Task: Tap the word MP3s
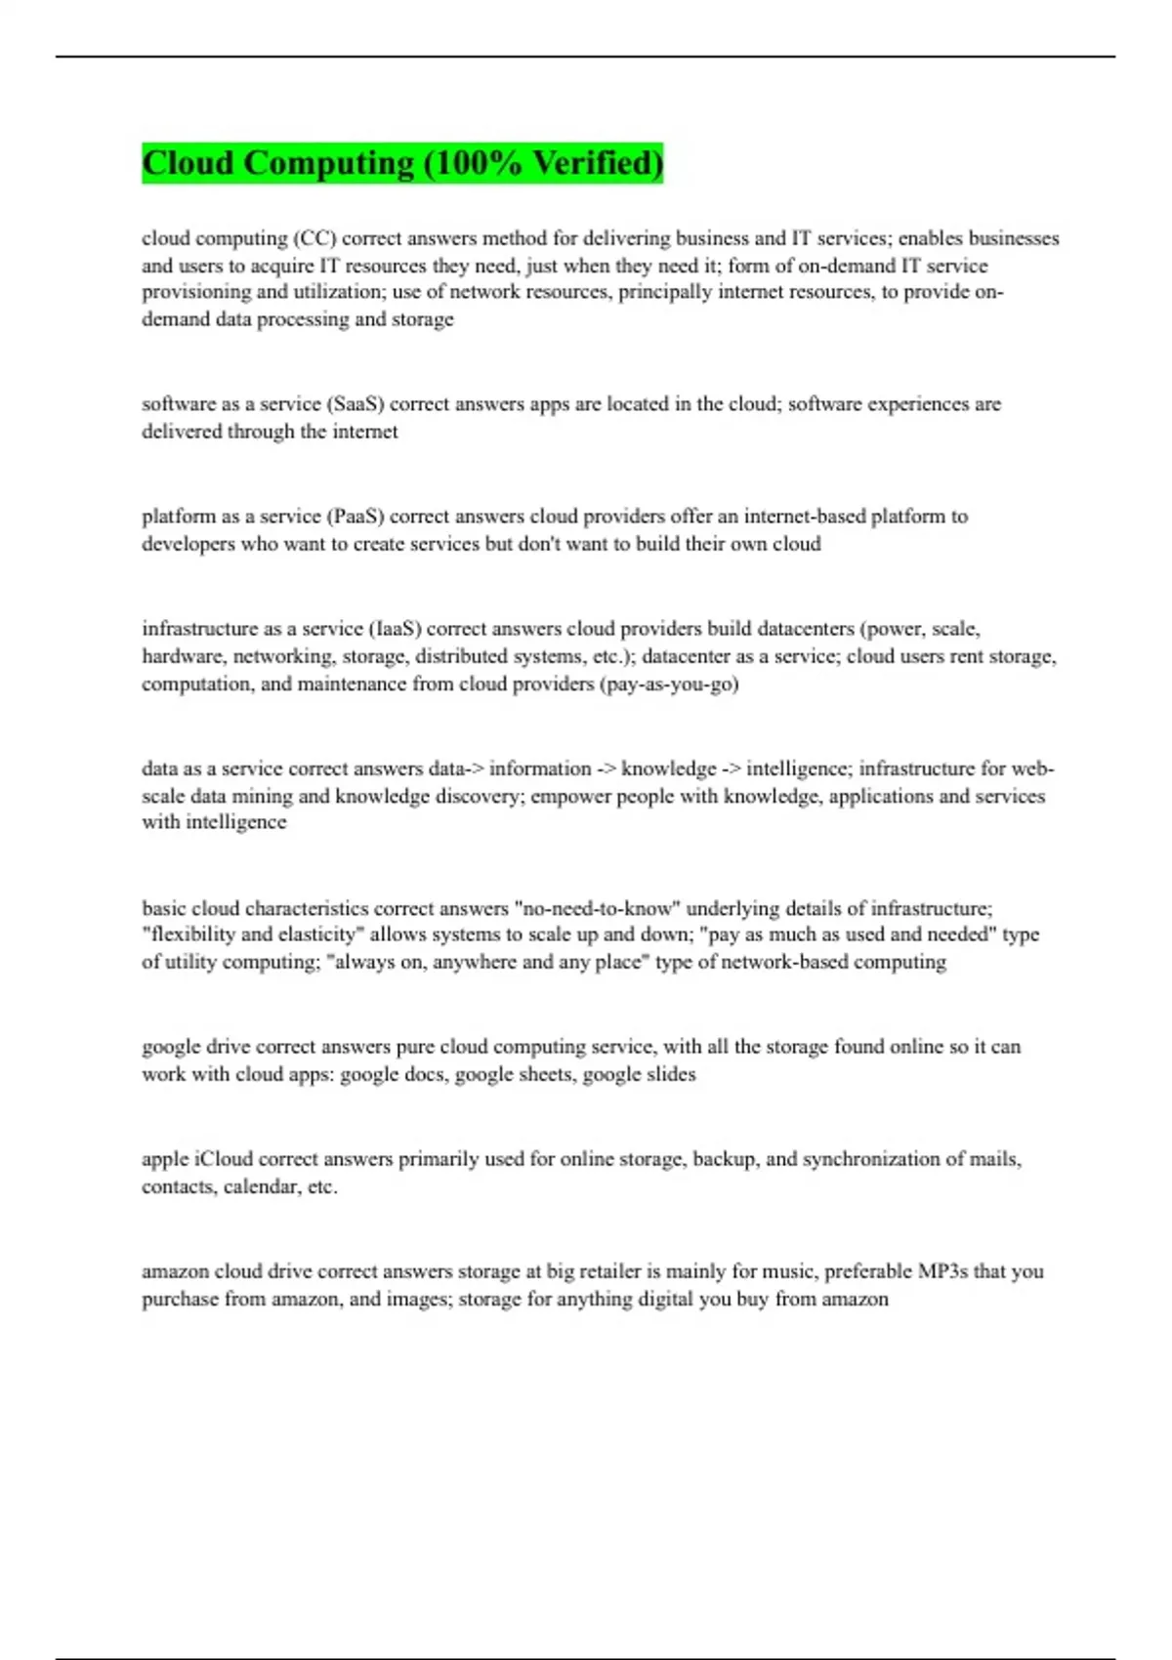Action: point(942,1271)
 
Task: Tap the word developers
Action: point(188,544)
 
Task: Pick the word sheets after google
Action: point(541,1074)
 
